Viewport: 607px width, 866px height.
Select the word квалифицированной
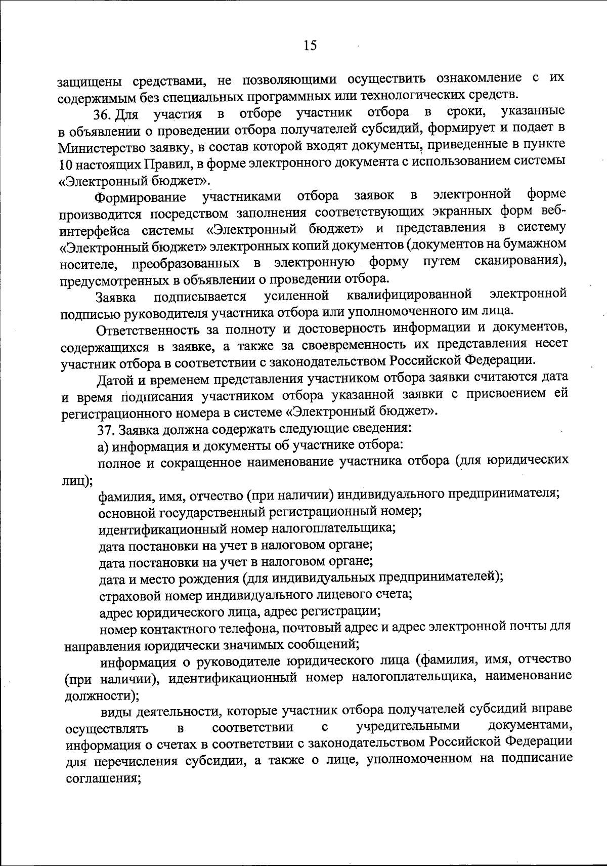tap(410, 295)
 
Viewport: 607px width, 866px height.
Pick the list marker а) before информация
tap(103, 446)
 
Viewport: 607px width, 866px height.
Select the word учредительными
tap(408, 726)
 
